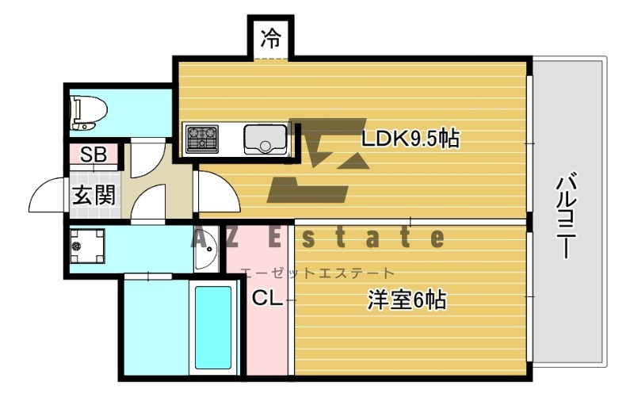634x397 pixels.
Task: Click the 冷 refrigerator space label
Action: coord(271,38)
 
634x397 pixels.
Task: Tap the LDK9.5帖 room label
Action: coord(411,139)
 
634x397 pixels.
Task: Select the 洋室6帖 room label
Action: coord(407,300)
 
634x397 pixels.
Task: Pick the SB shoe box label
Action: coord(94,155)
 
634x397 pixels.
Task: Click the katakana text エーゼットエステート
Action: coord(316,273)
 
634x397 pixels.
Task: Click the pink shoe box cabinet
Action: coord(94,155)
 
